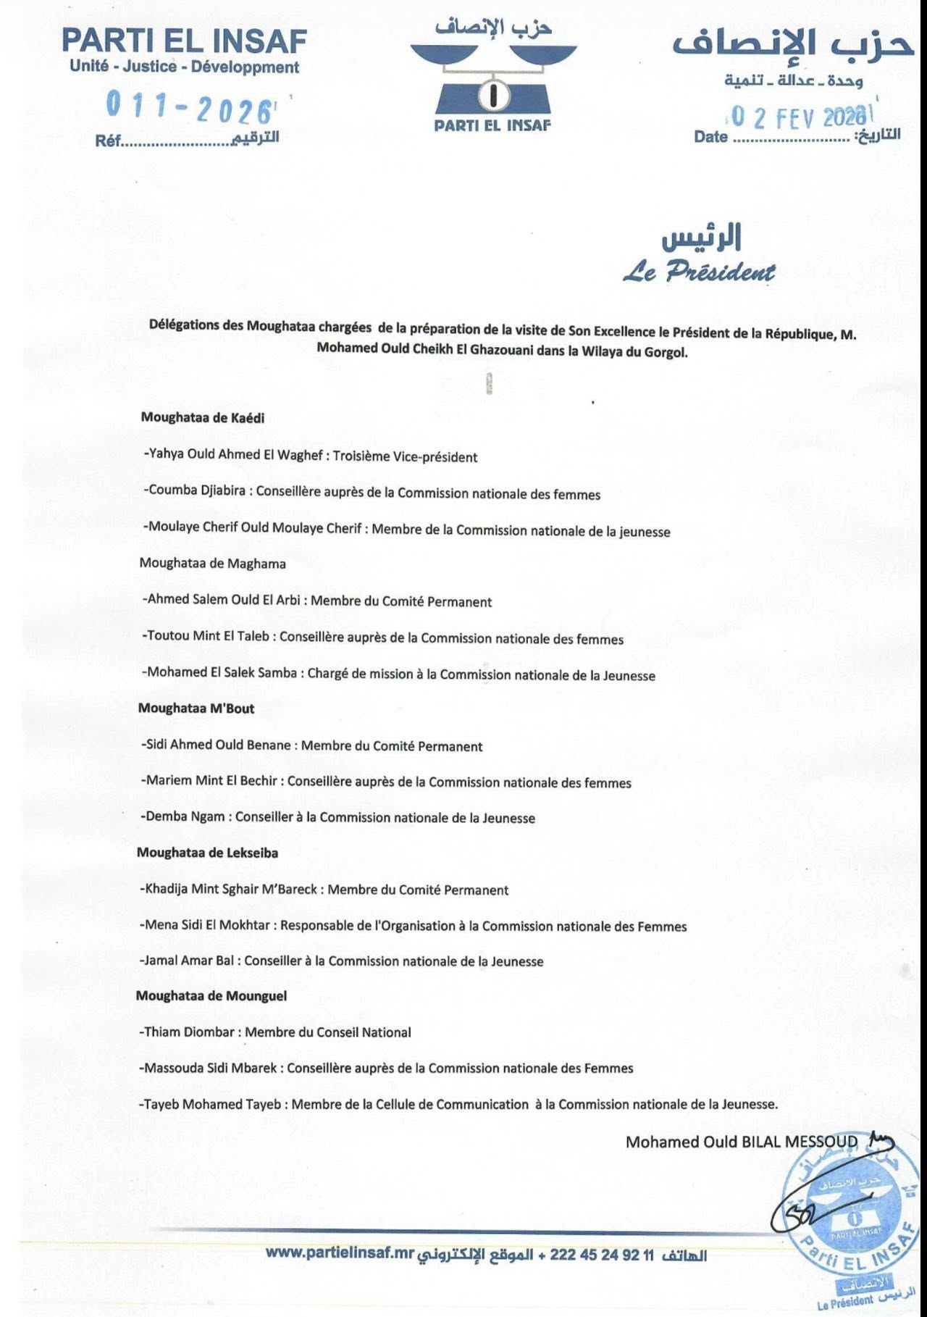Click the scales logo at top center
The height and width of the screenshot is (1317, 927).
[x=493, y=75]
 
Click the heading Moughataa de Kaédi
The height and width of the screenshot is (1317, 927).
[x=203, y=417]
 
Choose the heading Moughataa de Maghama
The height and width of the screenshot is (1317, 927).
[x=212, y=564]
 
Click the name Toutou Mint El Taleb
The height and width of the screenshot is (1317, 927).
[x=207, y=636]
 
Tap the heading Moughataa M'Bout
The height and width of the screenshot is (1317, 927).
[x=196, y=708]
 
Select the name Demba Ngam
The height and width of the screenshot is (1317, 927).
[x=185, y=817]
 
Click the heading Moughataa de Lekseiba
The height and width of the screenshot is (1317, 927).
[x=207, y=853]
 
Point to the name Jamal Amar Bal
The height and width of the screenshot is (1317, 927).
[x=188, y=961]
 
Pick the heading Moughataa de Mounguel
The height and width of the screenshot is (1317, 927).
[x=211, y=996]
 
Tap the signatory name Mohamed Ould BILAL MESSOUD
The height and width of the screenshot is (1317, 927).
[x=741, y=1142]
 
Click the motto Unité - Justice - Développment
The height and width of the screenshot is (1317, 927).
[x=184, y=67]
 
